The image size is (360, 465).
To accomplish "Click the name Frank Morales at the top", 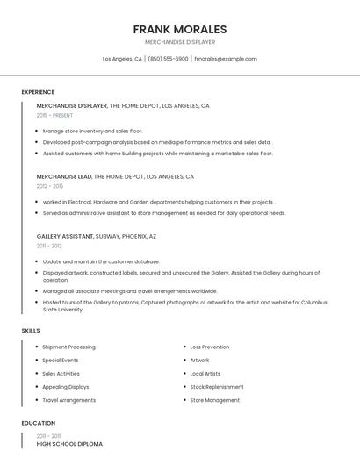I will click(179, 29).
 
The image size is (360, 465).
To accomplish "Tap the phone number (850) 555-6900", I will click(168, 59).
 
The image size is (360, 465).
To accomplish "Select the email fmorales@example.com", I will click(226, 59).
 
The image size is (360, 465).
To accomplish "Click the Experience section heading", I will click(38, 92).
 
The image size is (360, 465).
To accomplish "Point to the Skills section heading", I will click(31, 331).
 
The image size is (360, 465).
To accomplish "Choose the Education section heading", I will click(38, 423).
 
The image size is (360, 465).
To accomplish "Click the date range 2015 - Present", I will click(54, 115).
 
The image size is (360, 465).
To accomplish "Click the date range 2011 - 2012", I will click(49, 246).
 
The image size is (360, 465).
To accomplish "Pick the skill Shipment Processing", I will click(68, 347).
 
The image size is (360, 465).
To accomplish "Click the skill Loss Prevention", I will click(210, 347).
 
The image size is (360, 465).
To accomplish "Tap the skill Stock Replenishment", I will click(217, 387).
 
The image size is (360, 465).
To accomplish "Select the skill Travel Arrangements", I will click(68, 400).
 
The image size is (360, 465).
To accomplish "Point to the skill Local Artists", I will click(205, 374).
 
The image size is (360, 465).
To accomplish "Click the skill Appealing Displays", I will click(66, 387).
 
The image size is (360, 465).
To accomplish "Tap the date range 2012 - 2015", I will click(50, 186).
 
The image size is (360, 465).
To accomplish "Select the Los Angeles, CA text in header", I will click(122, 59).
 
